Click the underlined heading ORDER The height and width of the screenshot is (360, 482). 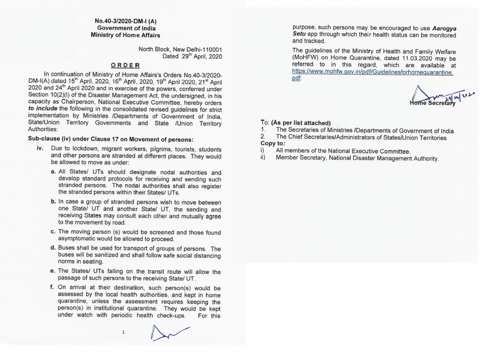point(125,65)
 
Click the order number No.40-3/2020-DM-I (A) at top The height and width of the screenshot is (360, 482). point(125,21)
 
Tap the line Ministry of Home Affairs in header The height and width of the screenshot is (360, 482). point(125,35)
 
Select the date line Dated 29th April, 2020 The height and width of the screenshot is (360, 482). point(192,56)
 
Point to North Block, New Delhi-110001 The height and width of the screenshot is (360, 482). point(180,49)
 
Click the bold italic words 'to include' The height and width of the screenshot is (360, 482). point(43,109)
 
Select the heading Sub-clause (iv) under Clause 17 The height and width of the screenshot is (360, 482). point(111,139)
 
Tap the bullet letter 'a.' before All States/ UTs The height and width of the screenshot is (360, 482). point(53,172)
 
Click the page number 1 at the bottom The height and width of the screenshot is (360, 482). point(123,332)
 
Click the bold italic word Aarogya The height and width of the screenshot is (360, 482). point(444,28)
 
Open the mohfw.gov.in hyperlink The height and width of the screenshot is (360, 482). point(372,72)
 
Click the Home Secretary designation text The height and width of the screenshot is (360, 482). point(432,103)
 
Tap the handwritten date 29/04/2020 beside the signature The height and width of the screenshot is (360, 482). point(460,97)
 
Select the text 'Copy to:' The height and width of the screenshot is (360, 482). point(273,144)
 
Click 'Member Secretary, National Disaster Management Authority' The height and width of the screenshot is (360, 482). point(357,158)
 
